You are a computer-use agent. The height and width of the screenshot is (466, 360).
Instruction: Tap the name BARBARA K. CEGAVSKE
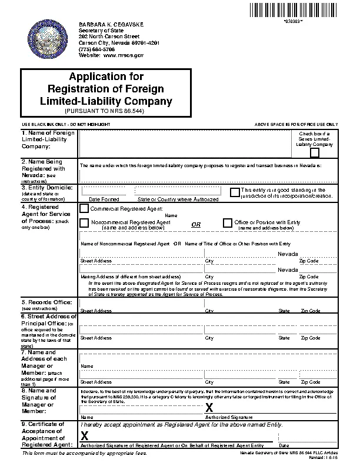(x=111, y=23)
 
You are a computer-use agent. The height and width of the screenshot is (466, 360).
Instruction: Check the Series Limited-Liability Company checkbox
(x=315, y=153)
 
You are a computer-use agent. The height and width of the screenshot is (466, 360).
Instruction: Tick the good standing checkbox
(x=235, y=192)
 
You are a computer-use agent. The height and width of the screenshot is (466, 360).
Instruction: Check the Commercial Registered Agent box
(x=84, y=208)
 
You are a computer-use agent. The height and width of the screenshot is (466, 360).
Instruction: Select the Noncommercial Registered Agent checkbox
(x=84, y=222)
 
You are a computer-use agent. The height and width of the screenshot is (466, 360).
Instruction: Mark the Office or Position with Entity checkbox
(x=228, y=222)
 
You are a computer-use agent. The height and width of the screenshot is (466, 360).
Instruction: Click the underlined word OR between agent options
(x=196, y=225)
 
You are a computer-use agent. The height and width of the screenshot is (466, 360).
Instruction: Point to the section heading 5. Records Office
(x=46, y=302)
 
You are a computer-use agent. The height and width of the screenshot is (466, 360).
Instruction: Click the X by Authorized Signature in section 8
(x=208, y=408)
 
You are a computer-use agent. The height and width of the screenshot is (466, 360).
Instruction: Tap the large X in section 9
(x=84, y=436)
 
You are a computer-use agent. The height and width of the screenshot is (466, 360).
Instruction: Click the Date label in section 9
(x=284, y=445)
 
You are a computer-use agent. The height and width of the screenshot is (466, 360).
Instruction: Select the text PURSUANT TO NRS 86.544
(x=106, y=111)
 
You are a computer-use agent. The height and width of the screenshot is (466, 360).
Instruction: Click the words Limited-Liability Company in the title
(x=106, y=101)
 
